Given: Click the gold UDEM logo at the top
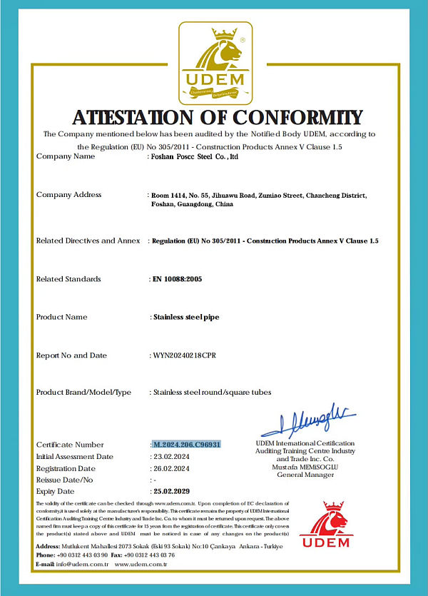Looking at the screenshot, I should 213,63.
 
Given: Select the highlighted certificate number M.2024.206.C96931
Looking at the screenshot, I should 187,445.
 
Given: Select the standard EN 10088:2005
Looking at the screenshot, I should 178,279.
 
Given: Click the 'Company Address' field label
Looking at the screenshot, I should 68,195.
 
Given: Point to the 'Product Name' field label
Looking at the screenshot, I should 61,317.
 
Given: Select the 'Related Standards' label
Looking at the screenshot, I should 68,279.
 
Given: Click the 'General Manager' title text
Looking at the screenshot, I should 305,474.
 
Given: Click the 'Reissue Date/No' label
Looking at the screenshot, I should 64,480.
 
